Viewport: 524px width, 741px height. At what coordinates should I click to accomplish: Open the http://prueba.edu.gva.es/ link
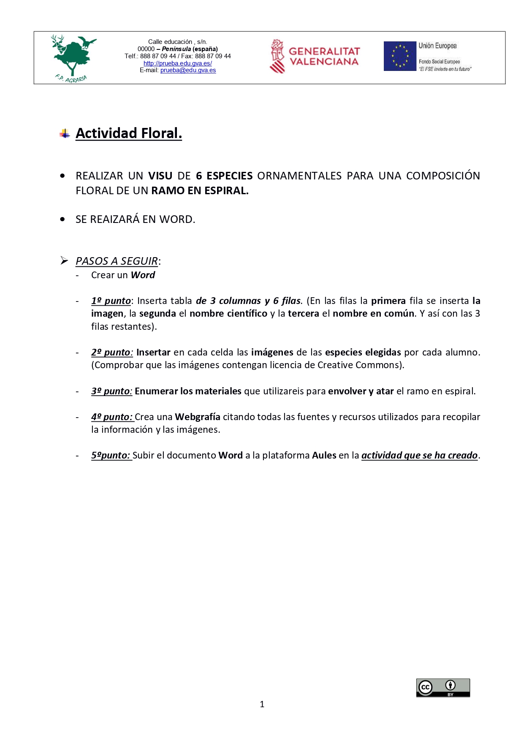click(x=178, y=63)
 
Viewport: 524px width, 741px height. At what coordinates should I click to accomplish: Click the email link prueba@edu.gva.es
click(x=188, y=71)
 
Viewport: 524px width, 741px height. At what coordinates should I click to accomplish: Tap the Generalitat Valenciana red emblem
click(x=277, y=56)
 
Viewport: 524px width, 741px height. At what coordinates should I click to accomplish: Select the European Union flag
click(x=399, y=56)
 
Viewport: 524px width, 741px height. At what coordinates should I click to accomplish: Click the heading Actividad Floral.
click(x=129, y=133)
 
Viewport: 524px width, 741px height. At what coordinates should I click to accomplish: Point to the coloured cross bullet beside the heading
click(x=65, y=134)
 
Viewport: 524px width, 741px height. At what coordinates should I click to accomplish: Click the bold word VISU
click(x=160, y=176)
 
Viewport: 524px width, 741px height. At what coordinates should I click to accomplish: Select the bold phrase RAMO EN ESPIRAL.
click(x=200, y=191)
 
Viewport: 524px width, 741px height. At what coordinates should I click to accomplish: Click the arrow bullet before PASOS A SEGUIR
click(x=64, y=261)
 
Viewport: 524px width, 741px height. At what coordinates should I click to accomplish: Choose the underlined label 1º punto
click(x=111, y=301)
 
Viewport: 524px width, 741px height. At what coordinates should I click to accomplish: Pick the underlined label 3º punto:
click(x=112, y=391)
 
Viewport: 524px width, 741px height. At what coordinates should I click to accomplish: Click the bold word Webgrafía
click(x=197, y=417)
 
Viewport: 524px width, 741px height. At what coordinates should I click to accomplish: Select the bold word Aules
click(x=324, y=456)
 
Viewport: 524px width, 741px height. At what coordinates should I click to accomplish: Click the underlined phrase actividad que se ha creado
click(x=419, y=456)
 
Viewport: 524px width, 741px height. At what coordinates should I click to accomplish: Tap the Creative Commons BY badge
click(x=443, y=688)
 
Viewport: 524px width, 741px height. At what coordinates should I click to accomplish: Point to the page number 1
click(x=262, y=704)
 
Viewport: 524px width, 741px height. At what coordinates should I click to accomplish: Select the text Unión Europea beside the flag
click(x=437, y=46)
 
